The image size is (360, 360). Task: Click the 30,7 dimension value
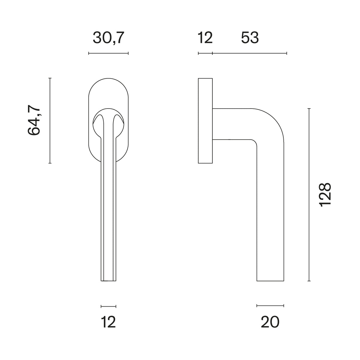click(x=108, y=38)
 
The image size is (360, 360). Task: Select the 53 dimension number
click(x=250, y=38)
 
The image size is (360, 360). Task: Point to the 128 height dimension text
click(x=325, y=195)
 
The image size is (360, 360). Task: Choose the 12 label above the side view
click(x=205, y=38)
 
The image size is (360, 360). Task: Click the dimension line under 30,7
click(x=108, y=53)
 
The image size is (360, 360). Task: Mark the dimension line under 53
click(x=250, y=53)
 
